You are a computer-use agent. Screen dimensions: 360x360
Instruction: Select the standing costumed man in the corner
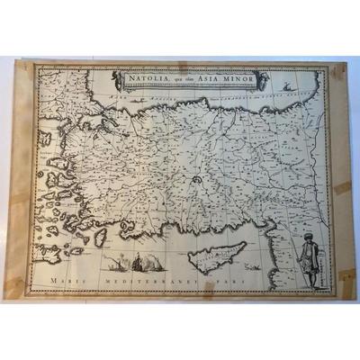(x=310, y=256)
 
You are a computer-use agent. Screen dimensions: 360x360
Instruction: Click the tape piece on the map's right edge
(x=343, y=188)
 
